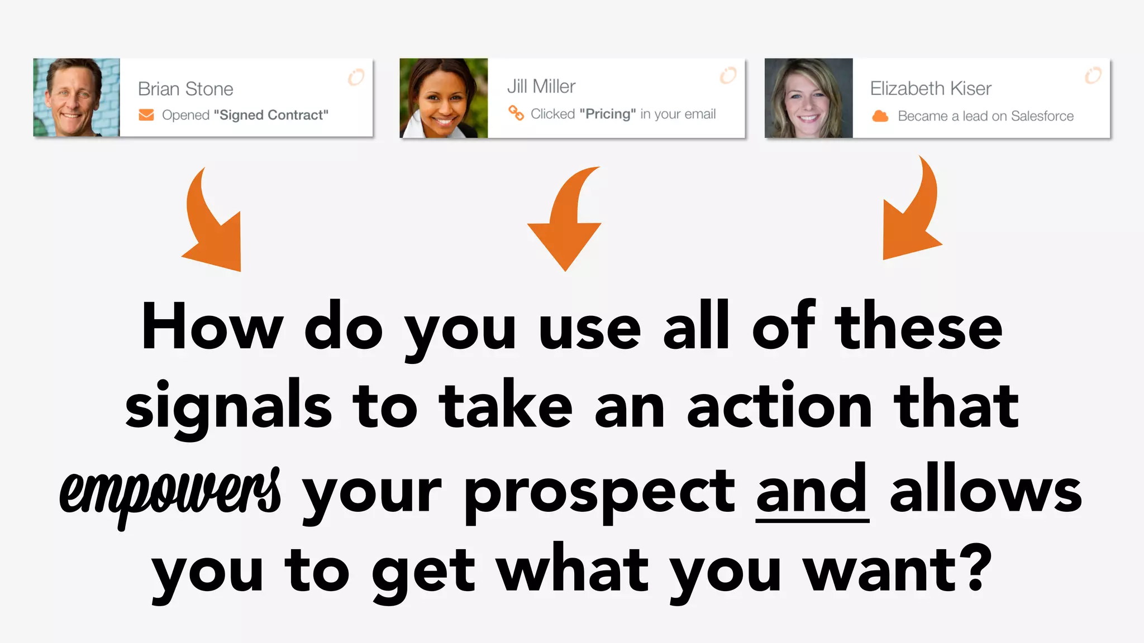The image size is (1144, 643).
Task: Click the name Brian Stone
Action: click(185, 89)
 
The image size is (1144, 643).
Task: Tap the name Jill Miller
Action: click(541, 87)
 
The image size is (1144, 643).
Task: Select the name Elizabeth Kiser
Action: click(931, 88)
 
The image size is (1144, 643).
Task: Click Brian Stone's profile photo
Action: click(77, 97)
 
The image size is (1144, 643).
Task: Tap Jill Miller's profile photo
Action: click(444, 98)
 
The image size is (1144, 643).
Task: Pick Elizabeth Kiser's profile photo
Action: click(808, 98)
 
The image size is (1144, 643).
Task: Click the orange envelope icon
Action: click(146, 115)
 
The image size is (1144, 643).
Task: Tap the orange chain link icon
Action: click(516, 113)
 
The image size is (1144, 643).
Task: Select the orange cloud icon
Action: click(880, 116)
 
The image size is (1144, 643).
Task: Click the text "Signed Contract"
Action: click(271, 115)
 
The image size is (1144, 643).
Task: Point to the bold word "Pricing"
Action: click(608, 114)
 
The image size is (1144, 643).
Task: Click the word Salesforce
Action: click(1042, 116)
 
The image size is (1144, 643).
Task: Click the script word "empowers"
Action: click(170, 492)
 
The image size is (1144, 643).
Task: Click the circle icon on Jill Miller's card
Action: click(728, 75)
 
